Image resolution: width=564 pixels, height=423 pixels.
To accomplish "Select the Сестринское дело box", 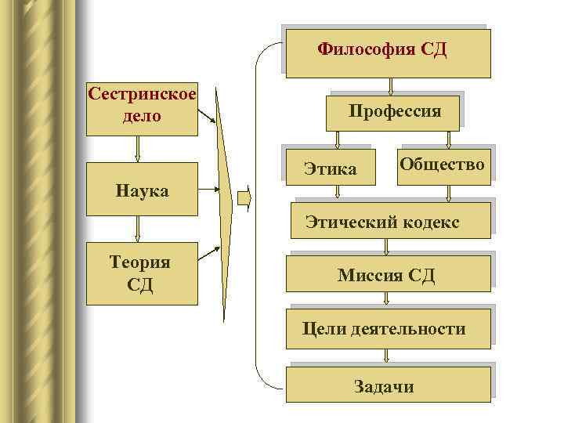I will (x=142, y=108).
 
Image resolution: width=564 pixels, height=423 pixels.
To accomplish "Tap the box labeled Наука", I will (x=142, y=189).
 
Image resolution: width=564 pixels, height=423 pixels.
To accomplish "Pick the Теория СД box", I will (x=142, y=273).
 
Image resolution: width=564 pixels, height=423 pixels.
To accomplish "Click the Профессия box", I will (x=394, y=110).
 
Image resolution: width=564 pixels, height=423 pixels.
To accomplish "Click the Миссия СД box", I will (x=387, y=274).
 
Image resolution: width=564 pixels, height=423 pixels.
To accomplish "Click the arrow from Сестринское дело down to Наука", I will (x=138, y=149).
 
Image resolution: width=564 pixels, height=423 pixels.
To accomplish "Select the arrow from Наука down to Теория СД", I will (x=138, y=228).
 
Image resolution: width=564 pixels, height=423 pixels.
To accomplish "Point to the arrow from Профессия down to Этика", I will (x=337, y=139).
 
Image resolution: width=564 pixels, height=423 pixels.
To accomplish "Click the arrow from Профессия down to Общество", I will (x=448, y=139).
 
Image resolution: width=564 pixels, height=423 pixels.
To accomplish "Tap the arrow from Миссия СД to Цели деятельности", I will (x=387, y=300).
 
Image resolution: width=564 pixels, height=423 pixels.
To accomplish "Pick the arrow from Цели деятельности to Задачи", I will (x=387, y=356).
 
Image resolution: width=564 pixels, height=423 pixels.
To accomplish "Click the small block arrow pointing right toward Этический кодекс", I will (x=244, y=199).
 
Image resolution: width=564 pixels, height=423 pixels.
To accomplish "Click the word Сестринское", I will (x=142, y=96).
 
